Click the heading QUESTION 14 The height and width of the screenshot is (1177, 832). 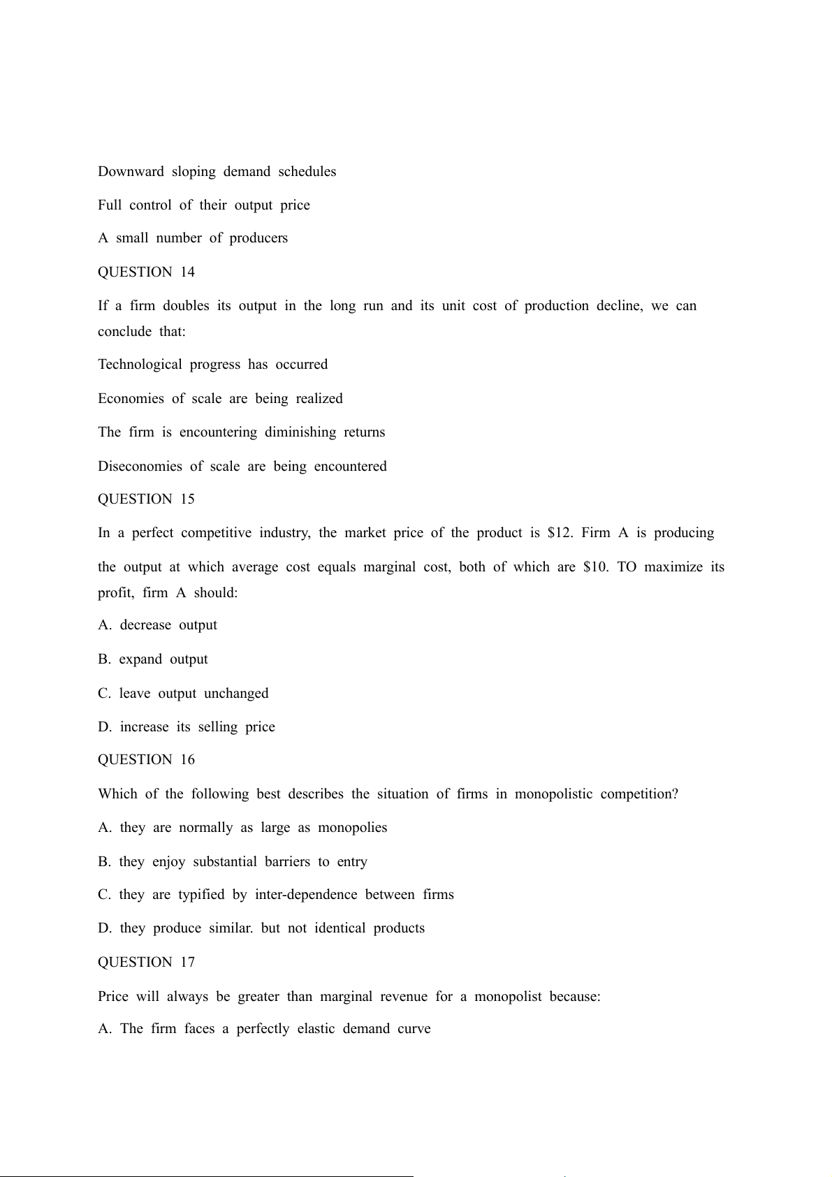146,272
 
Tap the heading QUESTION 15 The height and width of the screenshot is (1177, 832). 146,499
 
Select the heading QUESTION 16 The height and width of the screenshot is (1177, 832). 146,760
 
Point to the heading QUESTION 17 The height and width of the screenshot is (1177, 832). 146,963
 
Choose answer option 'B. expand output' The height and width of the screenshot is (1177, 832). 153,659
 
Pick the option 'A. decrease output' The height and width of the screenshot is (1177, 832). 157,625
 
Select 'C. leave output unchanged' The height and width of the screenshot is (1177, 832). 183,694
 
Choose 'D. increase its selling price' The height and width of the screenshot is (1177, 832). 187,727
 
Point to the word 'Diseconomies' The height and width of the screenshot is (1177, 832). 140,467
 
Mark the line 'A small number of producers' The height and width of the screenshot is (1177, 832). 193,238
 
